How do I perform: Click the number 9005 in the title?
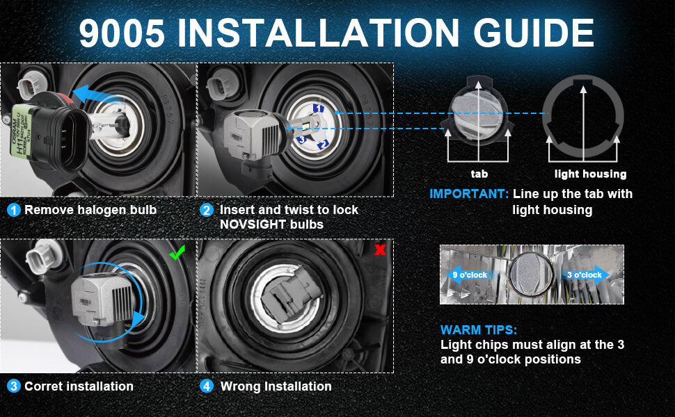122,33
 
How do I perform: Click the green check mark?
177,252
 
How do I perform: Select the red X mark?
380,250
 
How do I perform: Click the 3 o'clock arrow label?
584,275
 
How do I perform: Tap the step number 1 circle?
14,210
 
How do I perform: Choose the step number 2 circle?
207,210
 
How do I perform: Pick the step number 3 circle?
14,386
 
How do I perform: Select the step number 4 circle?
207,386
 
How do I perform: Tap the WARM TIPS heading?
479,329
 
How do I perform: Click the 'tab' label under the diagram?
479,174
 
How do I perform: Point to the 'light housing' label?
590,174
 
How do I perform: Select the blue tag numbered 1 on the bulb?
318,108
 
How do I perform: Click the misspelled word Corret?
43,386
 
